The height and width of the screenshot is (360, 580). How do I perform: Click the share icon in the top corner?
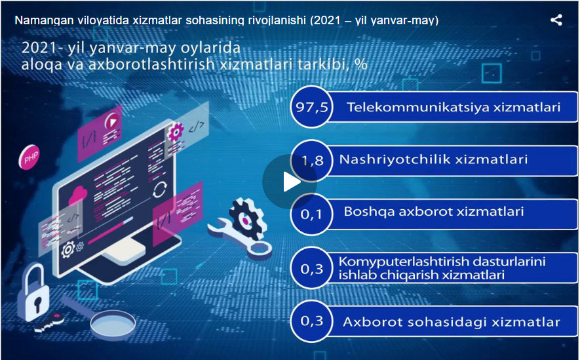coord(556,20)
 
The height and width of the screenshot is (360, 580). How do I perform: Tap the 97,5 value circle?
coord(312,107)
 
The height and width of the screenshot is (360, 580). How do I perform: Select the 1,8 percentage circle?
coord(312,160)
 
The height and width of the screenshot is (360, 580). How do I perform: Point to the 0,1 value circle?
coord(312,214)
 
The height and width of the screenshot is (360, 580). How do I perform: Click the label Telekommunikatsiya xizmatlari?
coord(454,108)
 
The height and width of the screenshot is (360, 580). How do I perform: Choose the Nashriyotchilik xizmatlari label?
coord(433,159)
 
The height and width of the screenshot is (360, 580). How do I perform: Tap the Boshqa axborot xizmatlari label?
coord(433,211)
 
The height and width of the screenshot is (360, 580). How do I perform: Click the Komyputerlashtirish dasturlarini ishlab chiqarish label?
coord(442,268)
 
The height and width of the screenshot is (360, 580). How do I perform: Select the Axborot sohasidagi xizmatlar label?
coord(452,322)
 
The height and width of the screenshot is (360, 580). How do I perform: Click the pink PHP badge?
coord(29,157)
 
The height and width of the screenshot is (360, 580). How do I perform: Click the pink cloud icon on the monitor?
coord(78,196)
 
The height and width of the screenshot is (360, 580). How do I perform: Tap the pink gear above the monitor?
coord(176,131)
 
